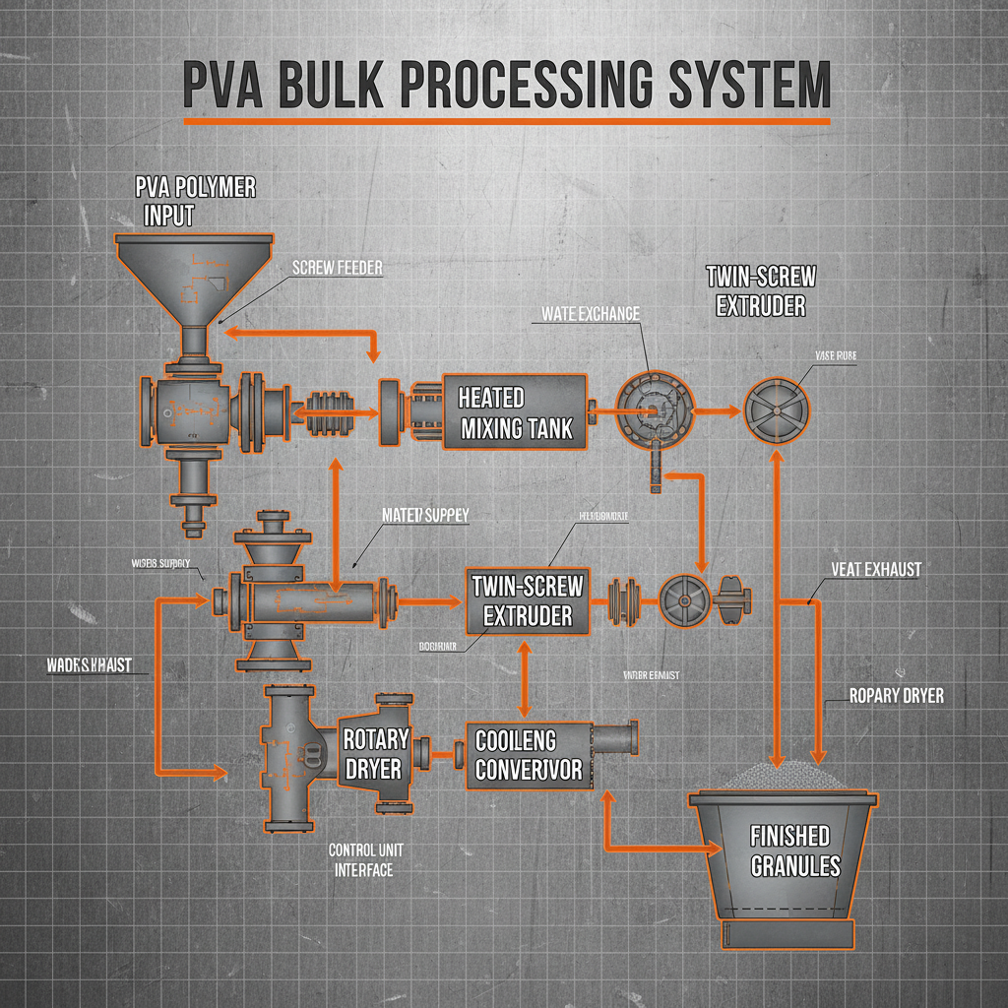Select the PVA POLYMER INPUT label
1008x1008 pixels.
195,201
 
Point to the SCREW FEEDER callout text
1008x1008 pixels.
338,267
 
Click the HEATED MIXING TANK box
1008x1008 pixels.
514,412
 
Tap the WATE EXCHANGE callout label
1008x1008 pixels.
591,313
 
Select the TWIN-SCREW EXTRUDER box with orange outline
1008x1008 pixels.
528,600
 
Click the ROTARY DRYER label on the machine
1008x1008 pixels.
374,753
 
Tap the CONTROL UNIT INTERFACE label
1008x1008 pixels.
363,858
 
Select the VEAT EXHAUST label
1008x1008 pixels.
875,569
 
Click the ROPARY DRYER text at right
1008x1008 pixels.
896,695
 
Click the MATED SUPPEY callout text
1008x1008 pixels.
425,514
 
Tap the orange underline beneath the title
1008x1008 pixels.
507,122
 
